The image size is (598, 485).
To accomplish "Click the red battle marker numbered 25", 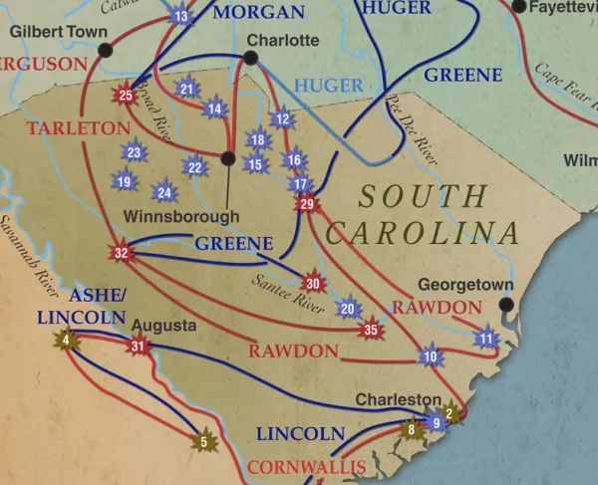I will click(x=125, y=96).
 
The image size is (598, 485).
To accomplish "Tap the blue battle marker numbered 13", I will click(x=180, y=16).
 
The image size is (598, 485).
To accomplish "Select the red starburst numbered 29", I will click(x=306, y=204).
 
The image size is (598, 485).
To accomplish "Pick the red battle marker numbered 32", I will click(x=122, y=253).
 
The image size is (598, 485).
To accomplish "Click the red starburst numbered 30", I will click(x=313, y=283).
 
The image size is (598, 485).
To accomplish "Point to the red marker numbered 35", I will click(x=372, y=330).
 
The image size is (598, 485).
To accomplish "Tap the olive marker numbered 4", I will click(x=67, y=341).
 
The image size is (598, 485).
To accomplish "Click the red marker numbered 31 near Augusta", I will click(x=138, y=347).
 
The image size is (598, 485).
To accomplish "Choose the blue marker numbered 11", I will click(x=486, y=340).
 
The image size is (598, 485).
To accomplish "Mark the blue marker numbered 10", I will click(x=431, y=356).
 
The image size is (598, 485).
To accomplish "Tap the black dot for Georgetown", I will click(x=506, y=305).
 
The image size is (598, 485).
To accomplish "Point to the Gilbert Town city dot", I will click(x=106, y=50).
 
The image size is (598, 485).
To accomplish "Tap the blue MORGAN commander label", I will click(x=259, y=12).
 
